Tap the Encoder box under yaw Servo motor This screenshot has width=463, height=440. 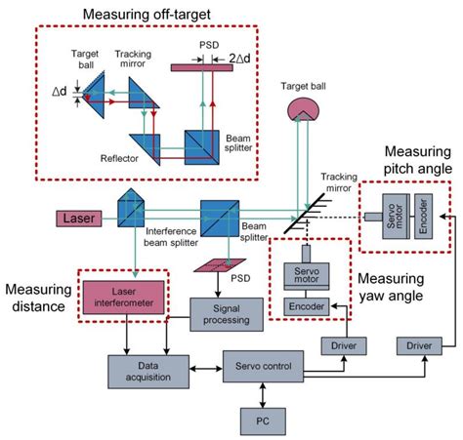click(x=304, y=305)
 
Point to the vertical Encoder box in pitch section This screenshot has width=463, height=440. click(x=421, y=210)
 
